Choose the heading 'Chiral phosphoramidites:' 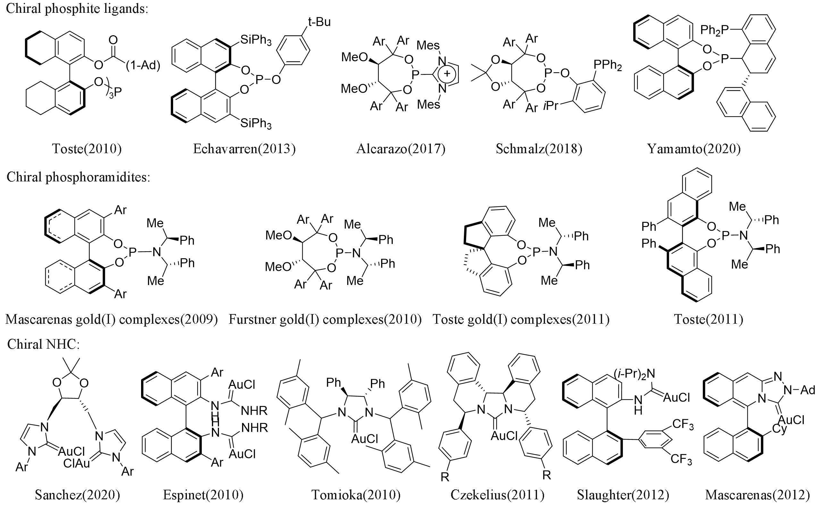pyautogui.click(x=78, y=177)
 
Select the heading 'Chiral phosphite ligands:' pyautogui.click(x=77, y=8)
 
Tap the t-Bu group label pyautogui.click(x=319, y=22)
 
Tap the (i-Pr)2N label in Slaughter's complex pyautogui.click(x=634, y=374)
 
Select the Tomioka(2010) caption pyautogui.click(x=356, y=495)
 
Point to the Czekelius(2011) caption pyautogui.click(x=497, y=495)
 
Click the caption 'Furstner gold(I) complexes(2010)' pyautogui.click(x=325, y=319)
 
